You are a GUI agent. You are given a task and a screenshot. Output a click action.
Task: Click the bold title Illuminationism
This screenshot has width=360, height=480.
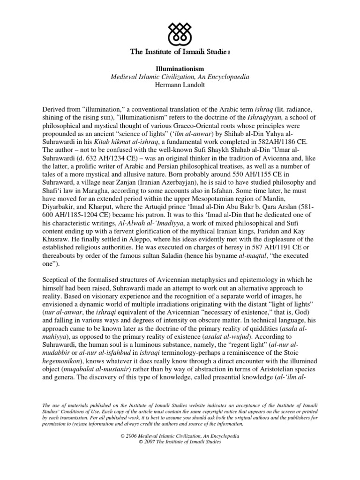pyautogui.click(x=180, y=68)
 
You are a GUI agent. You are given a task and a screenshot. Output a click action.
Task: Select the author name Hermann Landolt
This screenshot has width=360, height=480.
pyautogui.click(x=180, y=84)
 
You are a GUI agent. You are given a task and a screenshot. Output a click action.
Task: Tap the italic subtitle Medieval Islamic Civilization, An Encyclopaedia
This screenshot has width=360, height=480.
pyautogui.click(x=180, y=76)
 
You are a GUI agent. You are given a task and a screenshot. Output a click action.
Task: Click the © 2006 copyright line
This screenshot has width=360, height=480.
pyautogui.click(x=180, y=436)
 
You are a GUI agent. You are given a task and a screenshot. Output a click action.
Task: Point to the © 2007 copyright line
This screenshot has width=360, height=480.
pyautogui.click(x=180, y=442)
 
